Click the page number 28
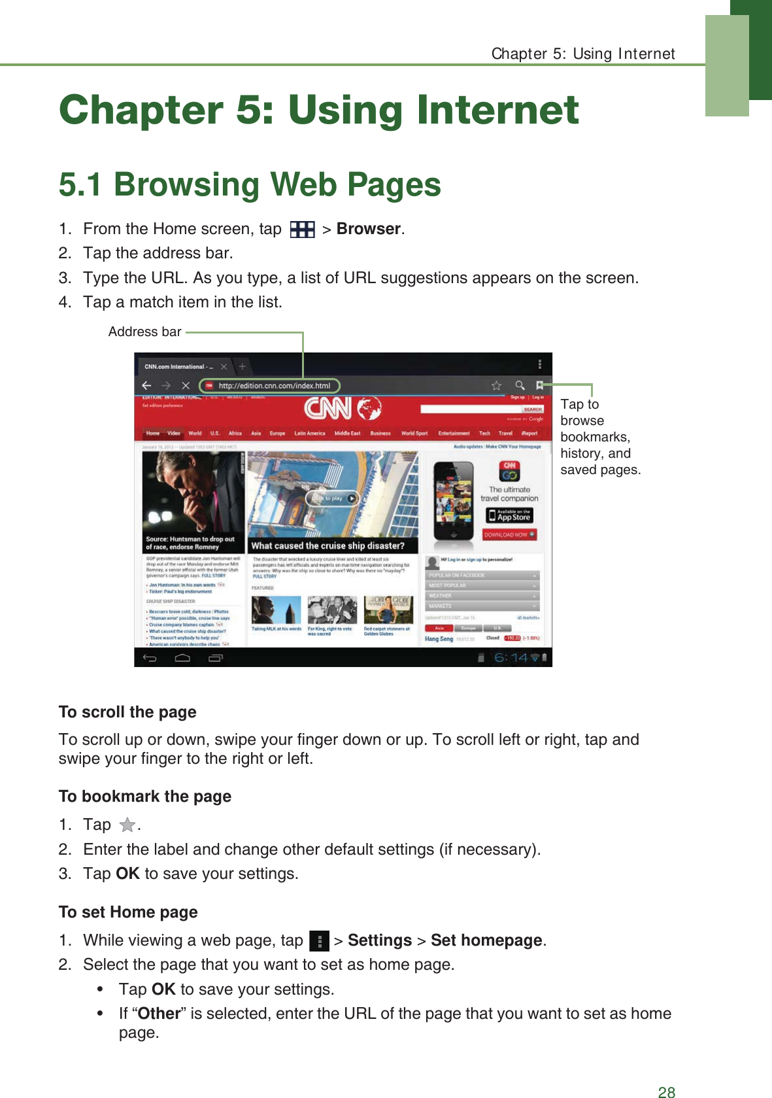[666, 1091]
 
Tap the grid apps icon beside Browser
[302, 230]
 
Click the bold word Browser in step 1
[368, 229]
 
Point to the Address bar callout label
[144, 332]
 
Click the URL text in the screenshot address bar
[274, 386]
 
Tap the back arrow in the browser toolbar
[147, 386]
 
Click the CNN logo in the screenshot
[329, 409]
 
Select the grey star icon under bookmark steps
[127, 825]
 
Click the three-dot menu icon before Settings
[319, 941]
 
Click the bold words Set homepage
[486, 940]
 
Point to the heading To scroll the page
[127, 712]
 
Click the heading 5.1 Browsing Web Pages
[250, 184]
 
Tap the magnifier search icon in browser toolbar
[520, 385]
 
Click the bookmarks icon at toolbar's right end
[540, 385]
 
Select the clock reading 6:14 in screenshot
[511, 657]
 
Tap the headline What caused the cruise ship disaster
[327, 545]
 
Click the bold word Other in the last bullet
[159, 1014]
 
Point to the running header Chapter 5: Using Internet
[582, 54]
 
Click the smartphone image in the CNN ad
[454, 500]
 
